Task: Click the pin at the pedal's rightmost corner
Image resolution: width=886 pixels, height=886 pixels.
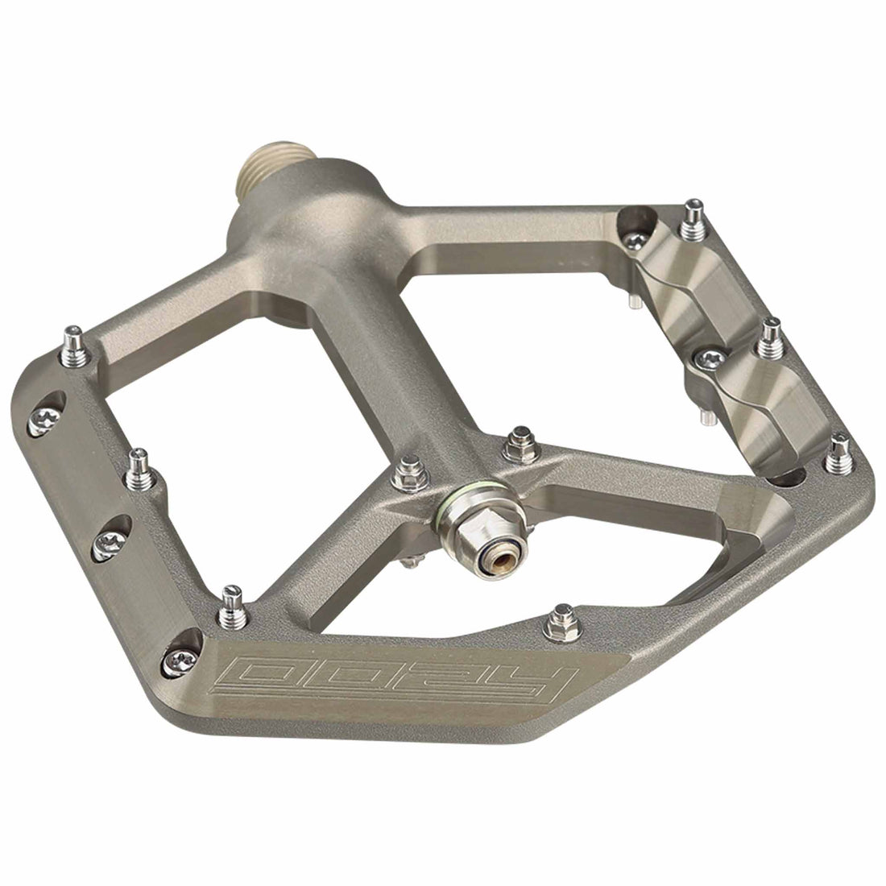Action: tap(838, 452)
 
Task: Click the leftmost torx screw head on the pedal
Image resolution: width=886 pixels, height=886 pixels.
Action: tap(39, 416)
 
